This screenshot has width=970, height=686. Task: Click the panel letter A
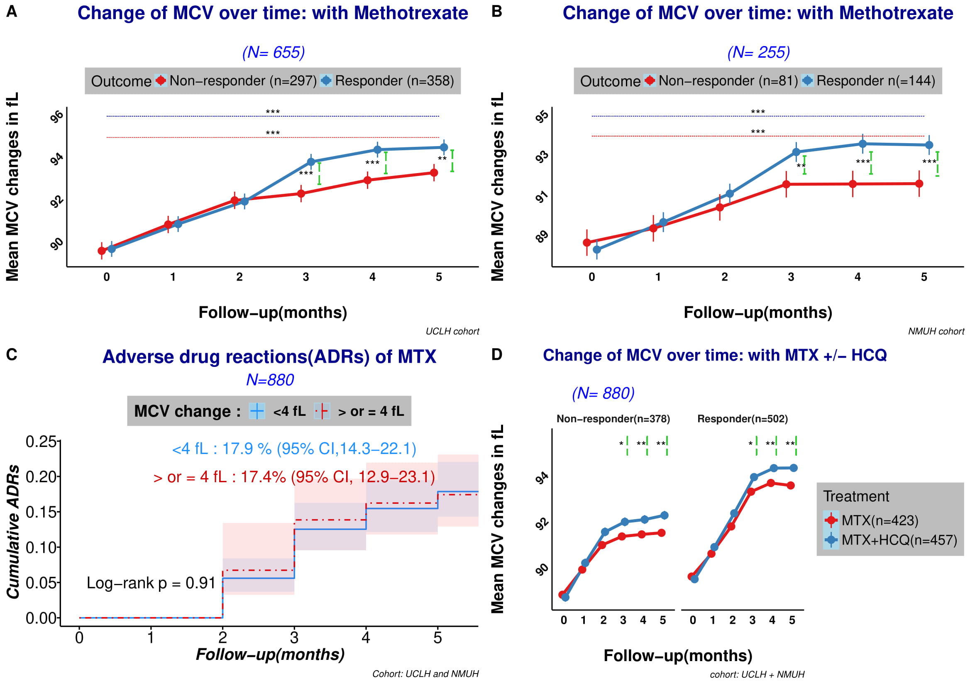[12, 11]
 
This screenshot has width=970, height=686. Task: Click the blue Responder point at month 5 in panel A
[444, 147]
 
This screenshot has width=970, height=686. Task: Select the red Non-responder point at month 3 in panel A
[301, 193]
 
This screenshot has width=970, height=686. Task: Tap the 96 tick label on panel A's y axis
[57, 116]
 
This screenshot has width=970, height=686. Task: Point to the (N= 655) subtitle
[274, 52]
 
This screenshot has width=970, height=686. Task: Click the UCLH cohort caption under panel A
[452, 331]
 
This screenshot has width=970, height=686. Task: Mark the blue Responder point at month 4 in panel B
[862, 144]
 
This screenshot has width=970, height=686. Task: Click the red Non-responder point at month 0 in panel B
[587, 242]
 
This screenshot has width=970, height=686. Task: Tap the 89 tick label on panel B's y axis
[542, 237]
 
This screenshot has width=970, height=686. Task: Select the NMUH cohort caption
[936, 331]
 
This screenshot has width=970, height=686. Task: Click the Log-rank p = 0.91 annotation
[151, 583]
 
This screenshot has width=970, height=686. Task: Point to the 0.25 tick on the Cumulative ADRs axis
[41, 442]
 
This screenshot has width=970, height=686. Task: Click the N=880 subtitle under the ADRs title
[270, 380]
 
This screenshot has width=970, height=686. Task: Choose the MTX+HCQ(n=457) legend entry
[899, 540]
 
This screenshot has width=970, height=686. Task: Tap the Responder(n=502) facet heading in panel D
[742, 419]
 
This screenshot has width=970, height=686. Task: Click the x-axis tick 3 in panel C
[294, 637]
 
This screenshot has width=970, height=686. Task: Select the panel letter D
[497, 354]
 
